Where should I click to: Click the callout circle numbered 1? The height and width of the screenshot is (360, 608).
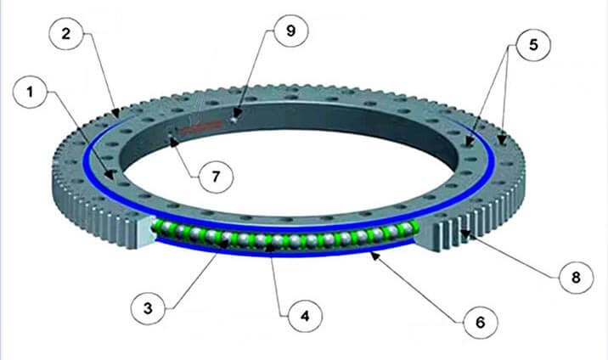31,92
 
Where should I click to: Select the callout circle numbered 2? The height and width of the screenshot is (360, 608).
66,33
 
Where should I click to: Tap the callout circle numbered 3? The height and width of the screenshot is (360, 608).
148,308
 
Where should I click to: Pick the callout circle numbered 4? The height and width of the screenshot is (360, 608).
305,316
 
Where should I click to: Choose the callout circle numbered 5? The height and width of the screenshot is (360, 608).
533,44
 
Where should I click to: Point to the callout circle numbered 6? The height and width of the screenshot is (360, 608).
480,321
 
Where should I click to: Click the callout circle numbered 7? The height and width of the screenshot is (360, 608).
216,177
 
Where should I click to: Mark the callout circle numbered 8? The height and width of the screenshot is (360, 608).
577,277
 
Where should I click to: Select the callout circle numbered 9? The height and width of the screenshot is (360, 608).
290,31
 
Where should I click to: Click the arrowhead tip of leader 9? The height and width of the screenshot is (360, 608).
237,116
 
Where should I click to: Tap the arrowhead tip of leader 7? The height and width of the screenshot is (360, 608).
171,138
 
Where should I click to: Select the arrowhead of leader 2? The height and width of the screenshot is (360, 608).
115,113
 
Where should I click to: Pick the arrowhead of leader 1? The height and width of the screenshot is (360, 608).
110,175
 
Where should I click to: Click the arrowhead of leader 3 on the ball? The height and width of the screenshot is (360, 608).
224,245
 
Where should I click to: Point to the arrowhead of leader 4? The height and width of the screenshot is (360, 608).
269,248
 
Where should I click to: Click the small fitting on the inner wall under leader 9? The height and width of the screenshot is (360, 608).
234,121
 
